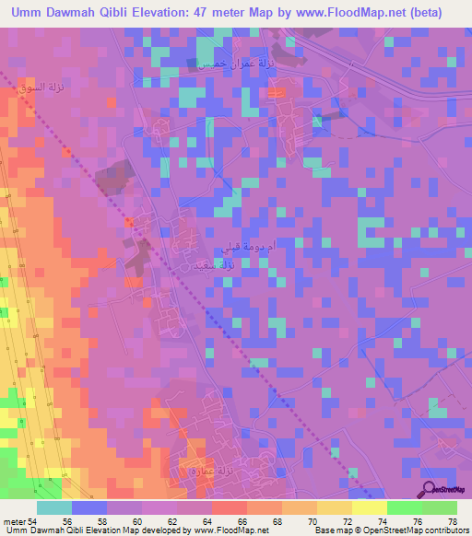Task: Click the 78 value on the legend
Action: pos(452,521)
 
